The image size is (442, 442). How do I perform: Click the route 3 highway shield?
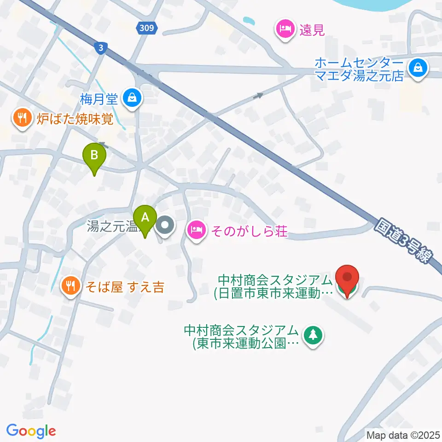coord(99,47)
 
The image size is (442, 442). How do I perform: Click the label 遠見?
coord(313,30)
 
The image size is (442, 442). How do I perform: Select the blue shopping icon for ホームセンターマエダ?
coord(418,69)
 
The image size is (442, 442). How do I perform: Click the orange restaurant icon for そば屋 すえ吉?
coord(70,287)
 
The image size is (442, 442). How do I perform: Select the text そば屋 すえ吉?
coord(124,288)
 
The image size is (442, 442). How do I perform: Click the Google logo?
coord(31,431)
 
